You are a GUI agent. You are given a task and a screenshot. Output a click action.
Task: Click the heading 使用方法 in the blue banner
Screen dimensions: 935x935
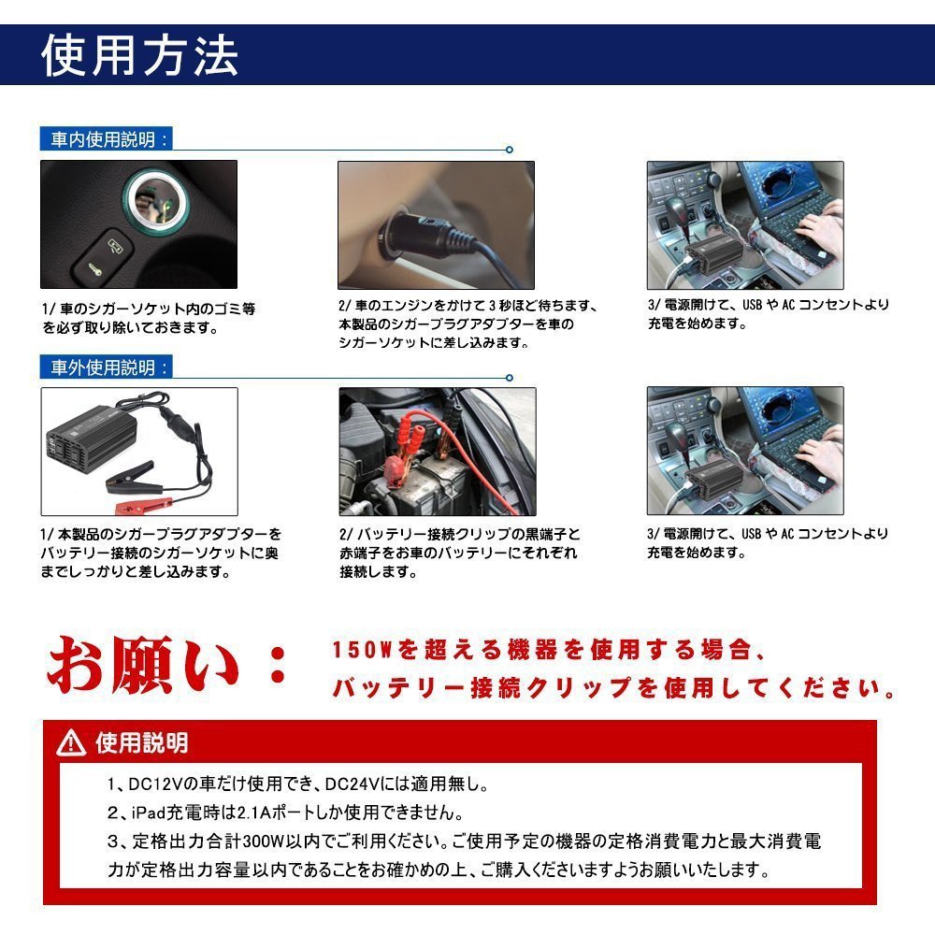pyautogui.click(x=139, y=55)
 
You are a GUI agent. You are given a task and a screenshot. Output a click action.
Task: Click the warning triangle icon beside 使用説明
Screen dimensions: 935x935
pyautogui.click(x=71, y=743)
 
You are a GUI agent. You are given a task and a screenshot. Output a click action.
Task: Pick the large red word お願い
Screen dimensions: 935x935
pyautogui.click(x=143, y=665)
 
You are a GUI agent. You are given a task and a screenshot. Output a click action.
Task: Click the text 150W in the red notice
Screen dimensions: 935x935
pyautogui.click(x=361, y=650)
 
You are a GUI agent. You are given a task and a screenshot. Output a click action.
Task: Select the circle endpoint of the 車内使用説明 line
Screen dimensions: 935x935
pyautogui.click(x=510, y=150)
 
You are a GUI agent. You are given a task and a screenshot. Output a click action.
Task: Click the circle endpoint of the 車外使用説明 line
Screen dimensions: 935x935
pyautogui.click(x=510, y=378)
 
